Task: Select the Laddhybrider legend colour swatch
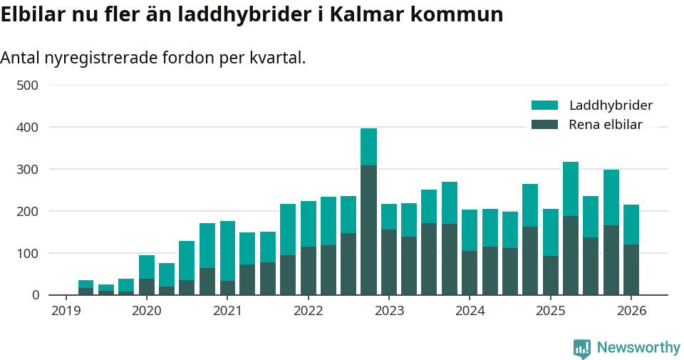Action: point(544,106)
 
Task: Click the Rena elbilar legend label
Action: point(606,125)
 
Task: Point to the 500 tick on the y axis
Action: point(27,86)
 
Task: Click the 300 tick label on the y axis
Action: point(27,170)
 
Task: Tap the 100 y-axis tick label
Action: point(27,253)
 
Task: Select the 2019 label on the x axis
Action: point(66,311)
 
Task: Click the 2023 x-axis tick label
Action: point(389,311)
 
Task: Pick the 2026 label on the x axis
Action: point(631,311)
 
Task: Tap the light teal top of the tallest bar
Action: point(368,147)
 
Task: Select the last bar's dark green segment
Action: point(631,269)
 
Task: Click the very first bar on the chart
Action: point(85,287)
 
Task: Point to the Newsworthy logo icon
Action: point(581,348)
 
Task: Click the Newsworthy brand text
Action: point(638,348)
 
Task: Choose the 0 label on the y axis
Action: point(33,295)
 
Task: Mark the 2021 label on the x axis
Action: point(227,311)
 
